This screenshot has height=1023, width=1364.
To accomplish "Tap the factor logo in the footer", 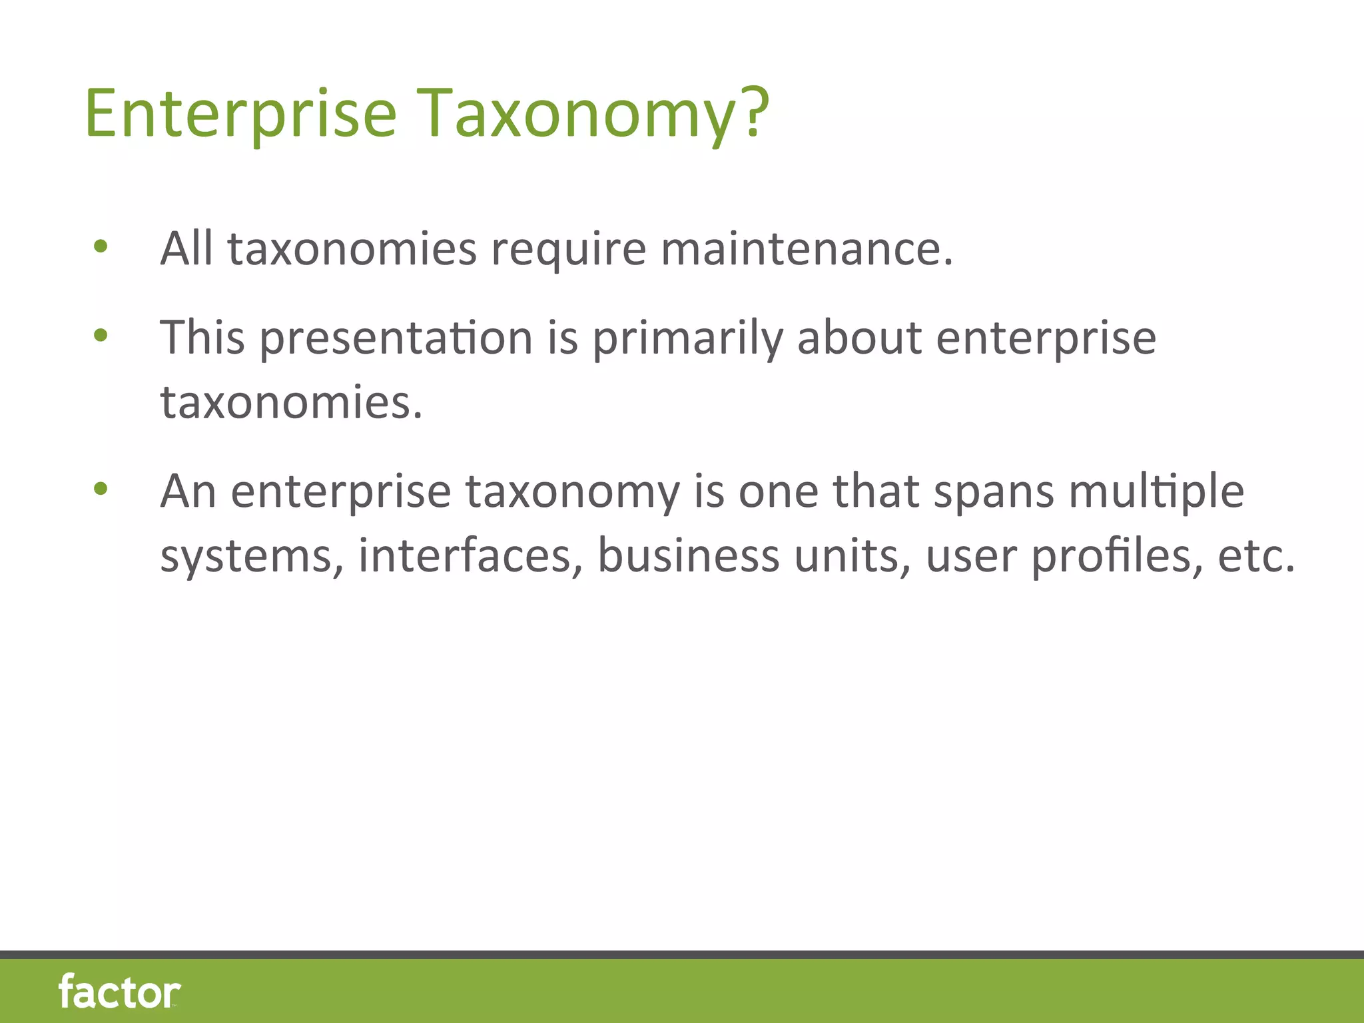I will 119,992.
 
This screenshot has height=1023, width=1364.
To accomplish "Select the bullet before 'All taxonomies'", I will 101,248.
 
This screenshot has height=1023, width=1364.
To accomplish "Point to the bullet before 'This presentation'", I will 101,336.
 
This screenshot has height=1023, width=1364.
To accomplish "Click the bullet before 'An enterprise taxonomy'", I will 101,490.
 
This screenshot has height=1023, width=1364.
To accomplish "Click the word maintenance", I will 806,248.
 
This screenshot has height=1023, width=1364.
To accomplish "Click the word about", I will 859,337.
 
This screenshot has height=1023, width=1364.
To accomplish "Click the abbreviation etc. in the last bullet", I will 1256,555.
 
